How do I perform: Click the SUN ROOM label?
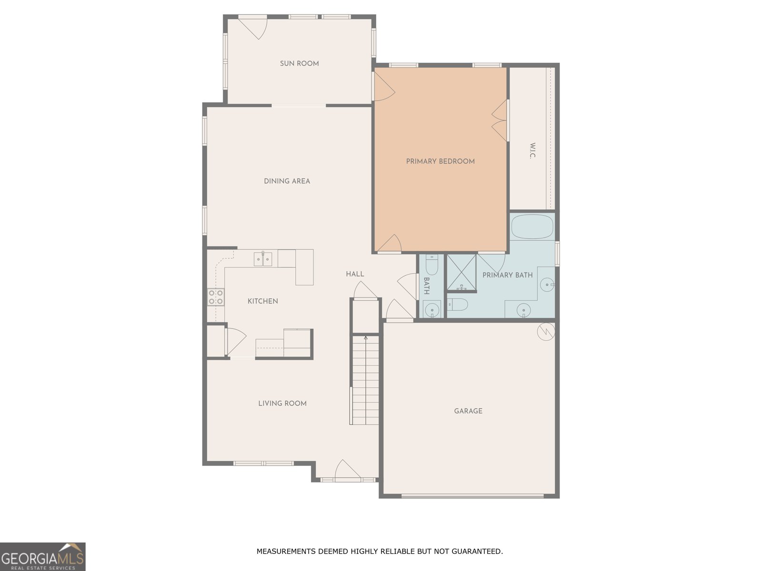[x=299, y=63]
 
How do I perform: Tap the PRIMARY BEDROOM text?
[x=440, y=161]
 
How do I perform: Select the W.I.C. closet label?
[x=532, y=151]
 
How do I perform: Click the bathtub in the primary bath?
[x=532, y=227]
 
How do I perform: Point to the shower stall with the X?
[x=461, y=272]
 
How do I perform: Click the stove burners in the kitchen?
[x=216, y=297]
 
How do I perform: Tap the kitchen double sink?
[x=263, y=259]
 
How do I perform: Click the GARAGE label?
[x=468, y=411]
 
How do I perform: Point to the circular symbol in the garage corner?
[x=546, y=332]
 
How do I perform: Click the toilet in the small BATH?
[x=431, y=265]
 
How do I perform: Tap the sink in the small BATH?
[x=432, y=310]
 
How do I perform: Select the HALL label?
[x=355, y=274]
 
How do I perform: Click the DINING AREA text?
[x=287, y=181]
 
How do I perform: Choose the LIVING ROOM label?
[x=282, y=403]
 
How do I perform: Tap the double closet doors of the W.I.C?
[x=500, y=121]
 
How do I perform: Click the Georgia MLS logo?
[x=43, y=557]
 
